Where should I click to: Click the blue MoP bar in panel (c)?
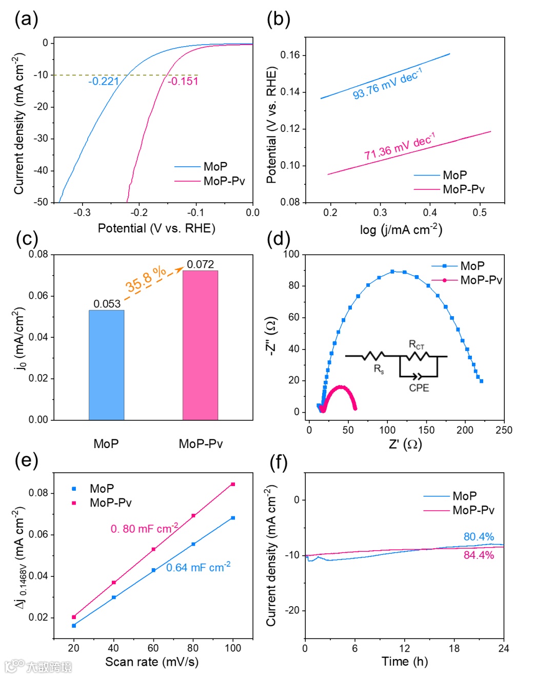tap(106, 365)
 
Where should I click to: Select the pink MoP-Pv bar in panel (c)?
tap(200, 345)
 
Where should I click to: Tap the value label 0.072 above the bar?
tap(200, 264)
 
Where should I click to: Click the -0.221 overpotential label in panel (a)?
tap(104, 81)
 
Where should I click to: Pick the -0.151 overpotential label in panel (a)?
tap(183, 81)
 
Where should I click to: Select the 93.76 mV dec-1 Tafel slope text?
tap(387, 84)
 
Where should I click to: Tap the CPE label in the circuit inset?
tap(419, 388)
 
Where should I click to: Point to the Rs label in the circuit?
tap(379, 369)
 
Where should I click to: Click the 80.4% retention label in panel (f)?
tap(479, 537)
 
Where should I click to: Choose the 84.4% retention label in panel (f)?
tap(479, 555)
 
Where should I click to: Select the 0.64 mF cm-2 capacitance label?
tap(198, 567)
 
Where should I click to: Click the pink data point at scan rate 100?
tap(233, 484)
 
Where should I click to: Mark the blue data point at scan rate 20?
tap(74, 626)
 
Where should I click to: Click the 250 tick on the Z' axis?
tap(504, 430)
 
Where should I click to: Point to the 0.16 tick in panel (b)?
tap(290, 55)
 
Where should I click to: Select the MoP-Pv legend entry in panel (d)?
tap(481, 280)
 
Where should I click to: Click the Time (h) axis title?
tap(404, 662)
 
